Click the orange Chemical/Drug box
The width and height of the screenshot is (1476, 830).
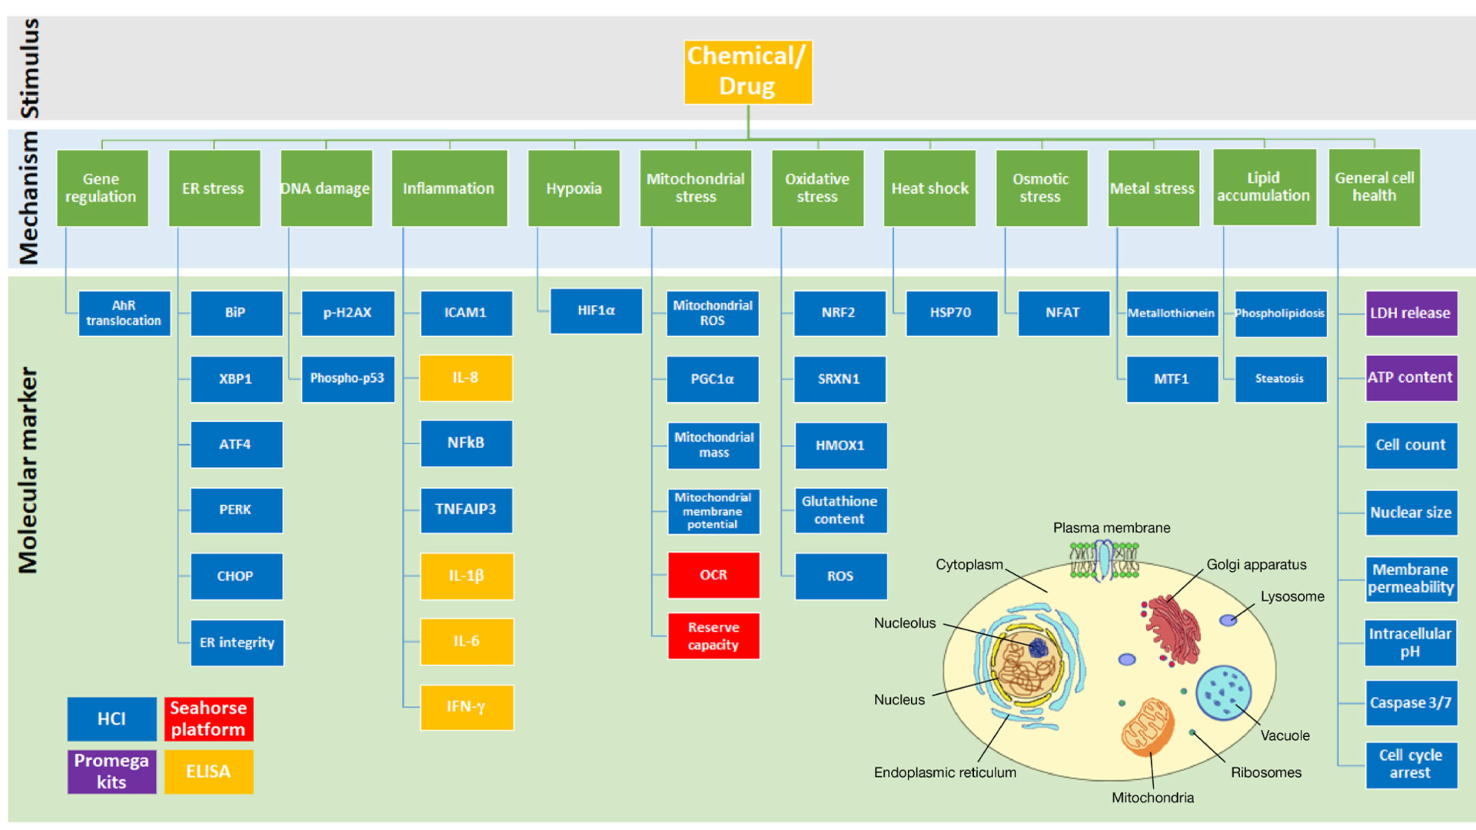[x=748, y=72]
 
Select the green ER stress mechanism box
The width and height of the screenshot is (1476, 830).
[x=214, y=188]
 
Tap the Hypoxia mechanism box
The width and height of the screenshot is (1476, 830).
[x=573, y=188]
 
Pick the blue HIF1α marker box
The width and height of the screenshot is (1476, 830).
[x=596, y=310]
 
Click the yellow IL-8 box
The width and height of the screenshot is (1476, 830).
[x=465, y=378]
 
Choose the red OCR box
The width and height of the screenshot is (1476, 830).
[x=713, y=574]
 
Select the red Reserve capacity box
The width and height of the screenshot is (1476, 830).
[x=713, y=636]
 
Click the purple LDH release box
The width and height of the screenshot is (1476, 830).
[x=1411, y=313]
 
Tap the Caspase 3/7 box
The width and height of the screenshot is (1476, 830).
[x=1411, y=702]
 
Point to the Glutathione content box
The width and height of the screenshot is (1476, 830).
[x=840, y=510]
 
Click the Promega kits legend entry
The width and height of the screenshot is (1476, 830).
[x=111, y=771]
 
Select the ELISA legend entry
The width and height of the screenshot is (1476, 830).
[x=209, y=771]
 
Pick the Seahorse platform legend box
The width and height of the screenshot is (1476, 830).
[x=209, y=718]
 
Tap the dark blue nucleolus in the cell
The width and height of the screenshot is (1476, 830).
[x=1038, y=648]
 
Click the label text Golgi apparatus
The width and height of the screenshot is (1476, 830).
[x=1256, y=564]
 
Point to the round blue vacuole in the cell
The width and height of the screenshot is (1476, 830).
[x=1223, y=692]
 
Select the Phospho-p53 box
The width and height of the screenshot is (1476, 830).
[x=347, y=378]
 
